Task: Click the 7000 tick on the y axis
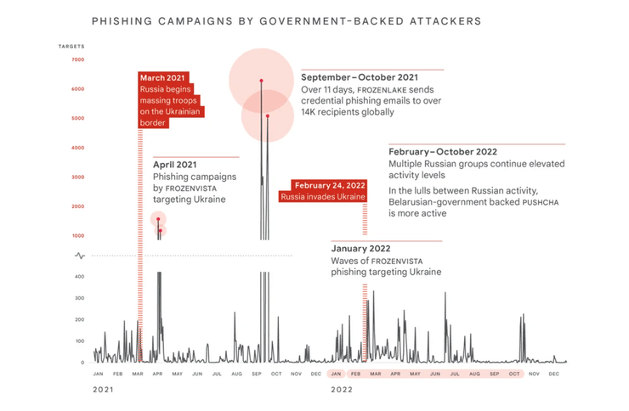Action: coord(77,59)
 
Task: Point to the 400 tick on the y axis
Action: coord(78,277)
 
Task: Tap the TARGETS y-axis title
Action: coord(71,46)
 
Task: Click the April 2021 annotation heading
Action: coord(175,164)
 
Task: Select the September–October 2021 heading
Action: coord(360,77)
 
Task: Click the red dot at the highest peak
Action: coord(261,81)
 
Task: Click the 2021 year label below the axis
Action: coord(103,389)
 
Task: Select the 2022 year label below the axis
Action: coord(342,389)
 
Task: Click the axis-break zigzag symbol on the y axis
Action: coord(81,256)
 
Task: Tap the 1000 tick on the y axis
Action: coord(77,236)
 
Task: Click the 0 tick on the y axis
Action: coord(82,363)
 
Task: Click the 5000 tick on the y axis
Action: coord(77,118)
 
